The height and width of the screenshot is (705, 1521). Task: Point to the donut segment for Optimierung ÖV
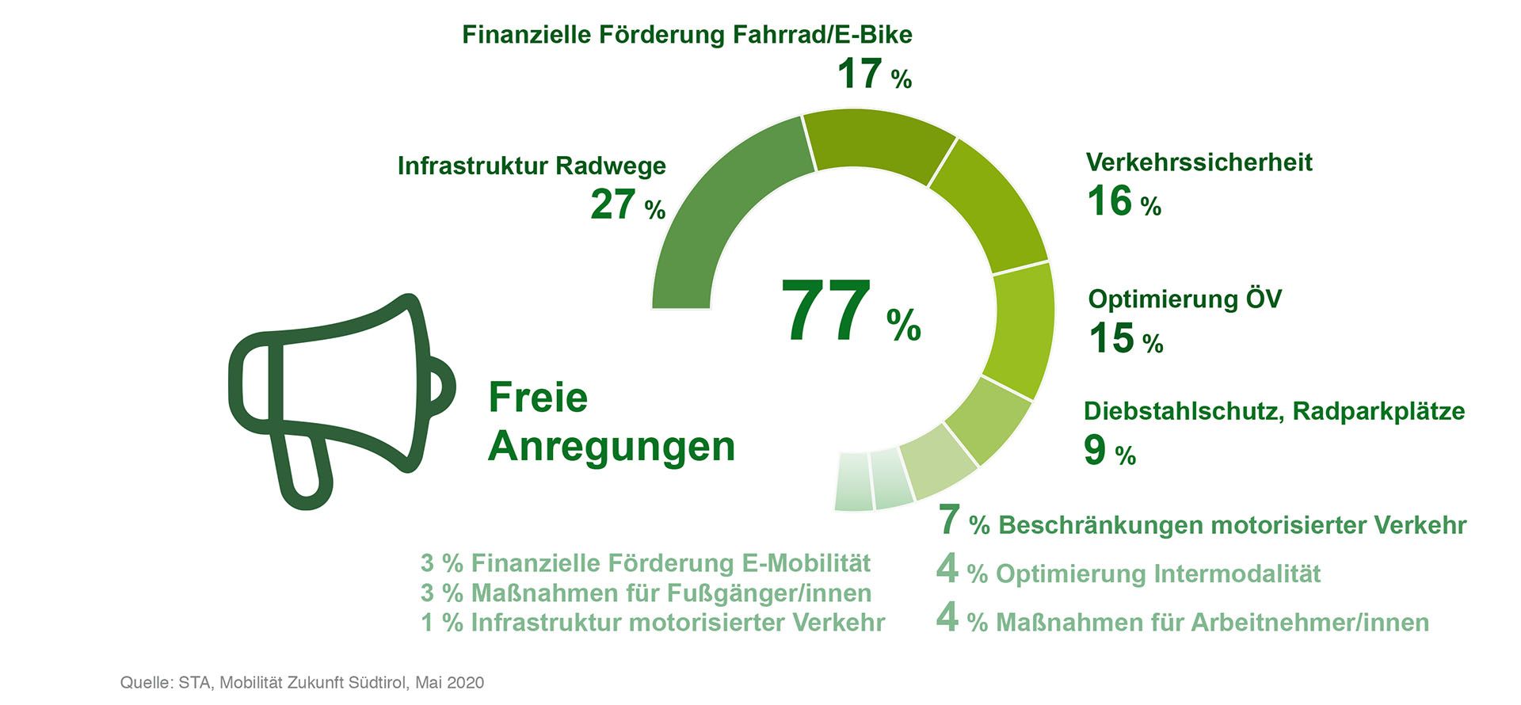pos(1024,329)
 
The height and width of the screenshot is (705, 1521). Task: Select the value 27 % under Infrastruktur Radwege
pos(627,205)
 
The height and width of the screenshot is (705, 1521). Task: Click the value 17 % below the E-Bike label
pos(874,74)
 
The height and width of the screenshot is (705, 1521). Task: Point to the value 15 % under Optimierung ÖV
pos(1125,339)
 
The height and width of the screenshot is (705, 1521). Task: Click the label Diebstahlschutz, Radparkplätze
pos(1274,411)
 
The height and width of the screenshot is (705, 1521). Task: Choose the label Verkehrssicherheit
pos(1199,162)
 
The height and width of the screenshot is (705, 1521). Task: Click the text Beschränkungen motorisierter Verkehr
pos(1232,525)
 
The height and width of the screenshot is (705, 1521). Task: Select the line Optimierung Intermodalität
pos(1157,574)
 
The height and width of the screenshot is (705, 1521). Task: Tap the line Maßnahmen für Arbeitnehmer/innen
pos(1212,623)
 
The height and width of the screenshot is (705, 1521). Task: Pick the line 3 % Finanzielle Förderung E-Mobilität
pos(645,563)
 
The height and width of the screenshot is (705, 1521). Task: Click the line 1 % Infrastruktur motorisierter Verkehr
pos(652,623)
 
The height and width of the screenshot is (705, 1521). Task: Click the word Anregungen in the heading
pos(612,447)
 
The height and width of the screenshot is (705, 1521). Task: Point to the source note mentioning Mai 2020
pos(302,683)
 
